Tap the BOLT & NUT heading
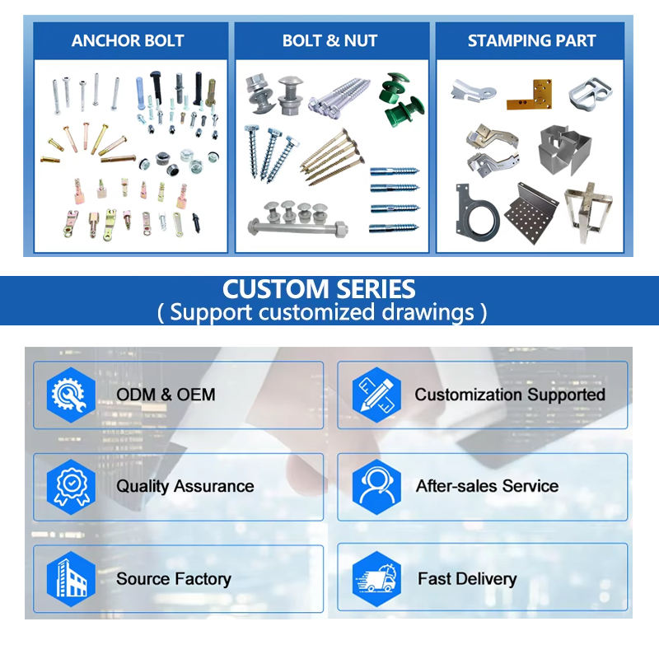tap(330, 40)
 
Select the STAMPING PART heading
tap(531, 40)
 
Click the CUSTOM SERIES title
tap(320, 289)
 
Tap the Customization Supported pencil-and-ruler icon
tap(376, 395)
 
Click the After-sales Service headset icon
tap(376, 486)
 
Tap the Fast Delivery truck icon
tap(376, 578)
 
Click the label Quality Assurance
tap(185, 486)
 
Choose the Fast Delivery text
tap(466, 579)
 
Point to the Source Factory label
tap(174, 579)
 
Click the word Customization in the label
tap(458, 395)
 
